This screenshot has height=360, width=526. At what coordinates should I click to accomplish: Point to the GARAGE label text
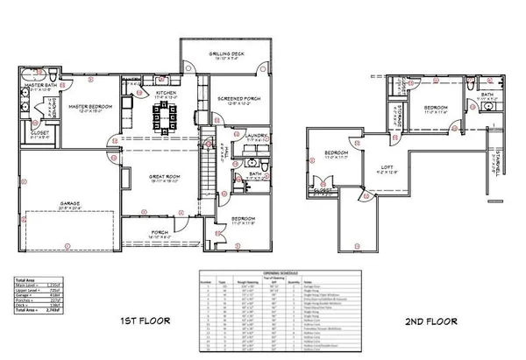70,202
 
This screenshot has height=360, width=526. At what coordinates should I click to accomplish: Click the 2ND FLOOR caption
429,321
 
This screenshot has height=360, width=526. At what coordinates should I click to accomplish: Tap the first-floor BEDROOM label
243,217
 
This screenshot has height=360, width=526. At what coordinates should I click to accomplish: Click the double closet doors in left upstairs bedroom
320,187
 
